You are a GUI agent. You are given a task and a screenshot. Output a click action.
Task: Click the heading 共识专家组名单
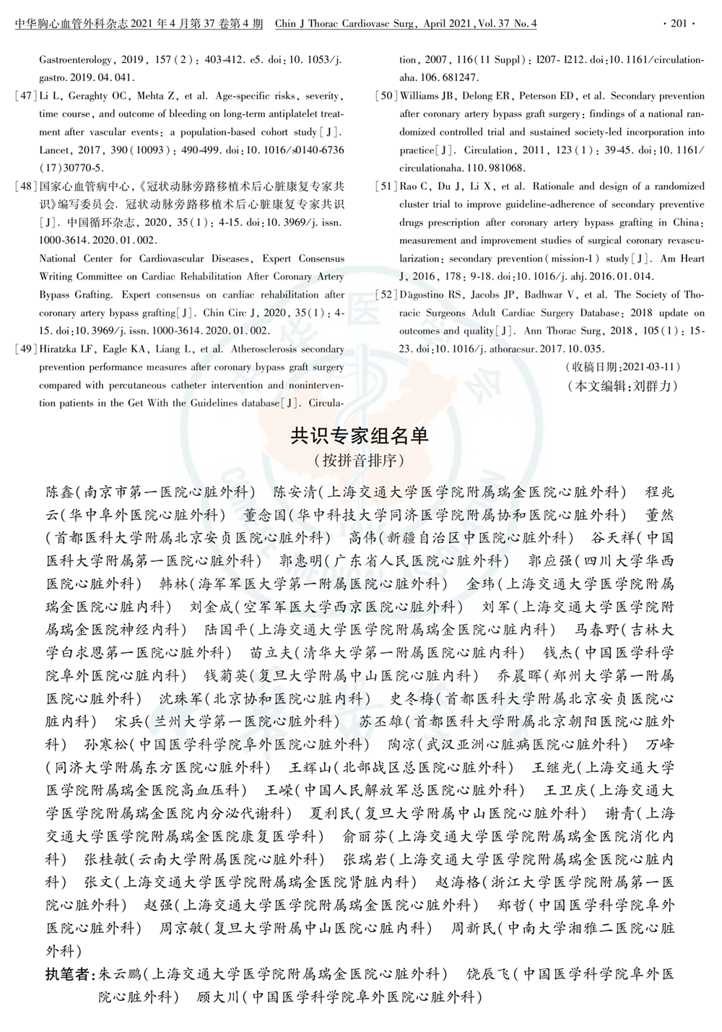point(360,435)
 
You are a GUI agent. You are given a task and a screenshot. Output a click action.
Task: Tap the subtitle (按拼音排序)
point(360,460)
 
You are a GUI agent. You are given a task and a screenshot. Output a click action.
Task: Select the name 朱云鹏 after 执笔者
point(119,974)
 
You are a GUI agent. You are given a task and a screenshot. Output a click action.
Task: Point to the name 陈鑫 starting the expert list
point(60,493)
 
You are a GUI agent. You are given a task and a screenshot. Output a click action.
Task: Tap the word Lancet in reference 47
point(56,150)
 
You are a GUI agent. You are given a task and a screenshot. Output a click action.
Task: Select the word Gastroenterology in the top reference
point(76,60)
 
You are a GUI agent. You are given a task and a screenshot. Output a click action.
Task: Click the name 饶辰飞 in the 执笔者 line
point(488,974)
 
